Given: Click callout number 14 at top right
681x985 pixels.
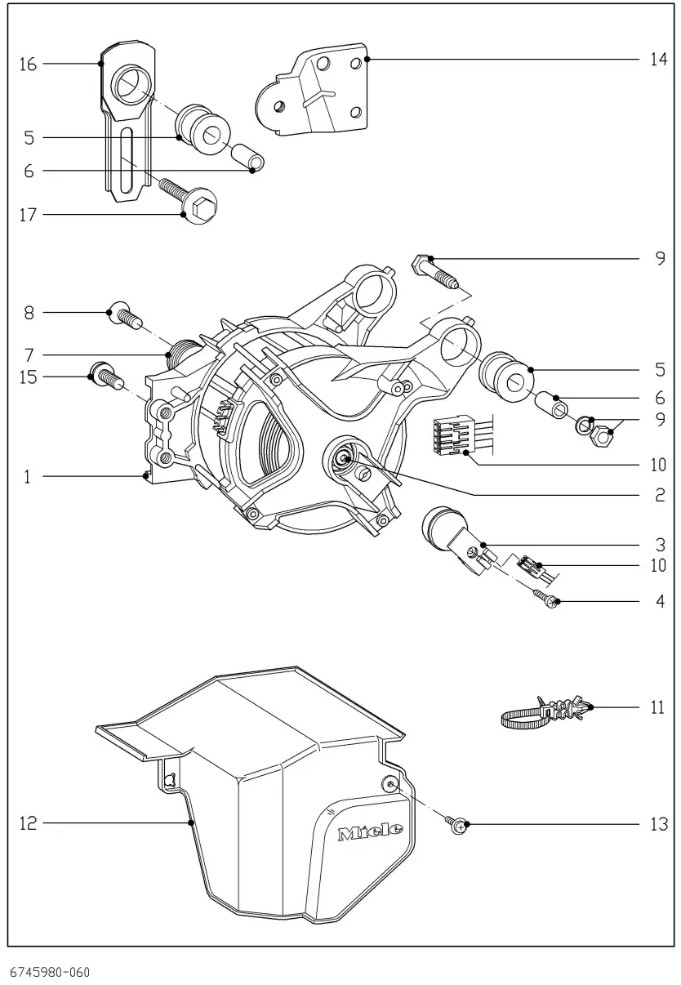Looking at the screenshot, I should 658,60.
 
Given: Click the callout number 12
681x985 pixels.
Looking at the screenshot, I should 28,824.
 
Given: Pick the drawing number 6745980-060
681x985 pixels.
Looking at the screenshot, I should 50,972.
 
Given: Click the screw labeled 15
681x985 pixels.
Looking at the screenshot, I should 104,377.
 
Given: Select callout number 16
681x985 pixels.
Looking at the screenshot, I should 28,64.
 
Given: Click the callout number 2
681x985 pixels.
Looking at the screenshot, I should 659,496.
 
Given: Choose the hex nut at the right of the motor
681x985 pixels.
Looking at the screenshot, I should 602,438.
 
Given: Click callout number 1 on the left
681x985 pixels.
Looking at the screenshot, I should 27,476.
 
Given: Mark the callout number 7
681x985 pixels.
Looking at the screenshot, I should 27,355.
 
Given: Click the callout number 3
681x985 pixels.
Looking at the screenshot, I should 659,544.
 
